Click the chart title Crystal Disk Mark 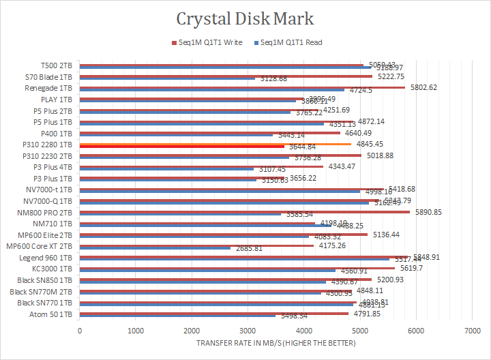click(245, 18)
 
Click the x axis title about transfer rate click(276, 342)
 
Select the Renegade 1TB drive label click(48, 89)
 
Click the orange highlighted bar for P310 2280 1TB click(215, 144)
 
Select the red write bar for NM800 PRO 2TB click(245, 211)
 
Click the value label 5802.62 click(423, 87)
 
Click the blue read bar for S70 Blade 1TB click(167, 79)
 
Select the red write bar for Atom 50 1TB click(213, 313)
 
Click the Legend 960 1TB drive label click(48, 258)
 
